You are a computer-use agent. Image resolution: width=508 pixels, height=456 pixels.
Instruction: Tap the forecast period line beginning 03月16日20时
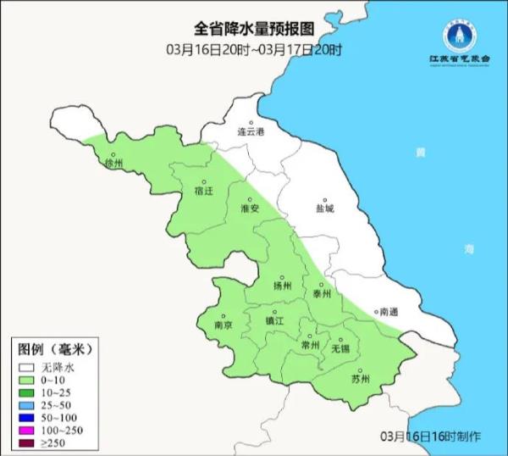(254, 50)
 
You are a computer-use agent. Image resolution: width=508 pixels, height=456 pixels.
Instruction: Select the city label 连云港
(251, 133)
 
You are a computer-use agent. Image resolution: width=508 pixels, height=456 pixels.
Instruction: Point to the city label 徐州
(113, 162)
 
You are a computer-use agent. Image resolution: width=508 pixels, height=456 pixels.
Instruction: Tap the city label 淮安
(249, 208)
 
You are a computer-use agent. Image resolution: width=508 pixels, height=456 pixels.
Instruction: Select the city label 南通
(389, 312)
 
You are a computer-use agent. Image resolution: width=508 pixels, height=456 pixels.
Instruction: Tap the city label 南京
(224, 325)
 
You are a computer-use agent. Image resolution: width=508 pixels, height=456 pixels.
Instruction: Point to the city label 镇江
(275, 321)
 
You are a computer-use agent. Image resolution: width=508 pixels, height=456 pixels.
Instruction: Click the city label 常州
(311, 345)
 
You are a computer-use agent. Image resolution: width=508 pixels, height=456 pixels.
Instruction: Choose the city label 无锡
(340, 348)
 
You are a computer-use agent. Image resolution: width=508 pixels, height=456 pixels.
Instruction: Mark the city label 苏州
(360, 379)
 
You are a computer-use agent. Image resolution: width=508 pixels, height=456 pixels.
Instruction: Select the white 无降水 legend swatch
(28, 367)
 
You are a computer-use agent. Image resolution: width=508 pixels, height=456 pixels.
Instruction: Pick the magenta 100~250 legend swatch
(28, 431)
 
